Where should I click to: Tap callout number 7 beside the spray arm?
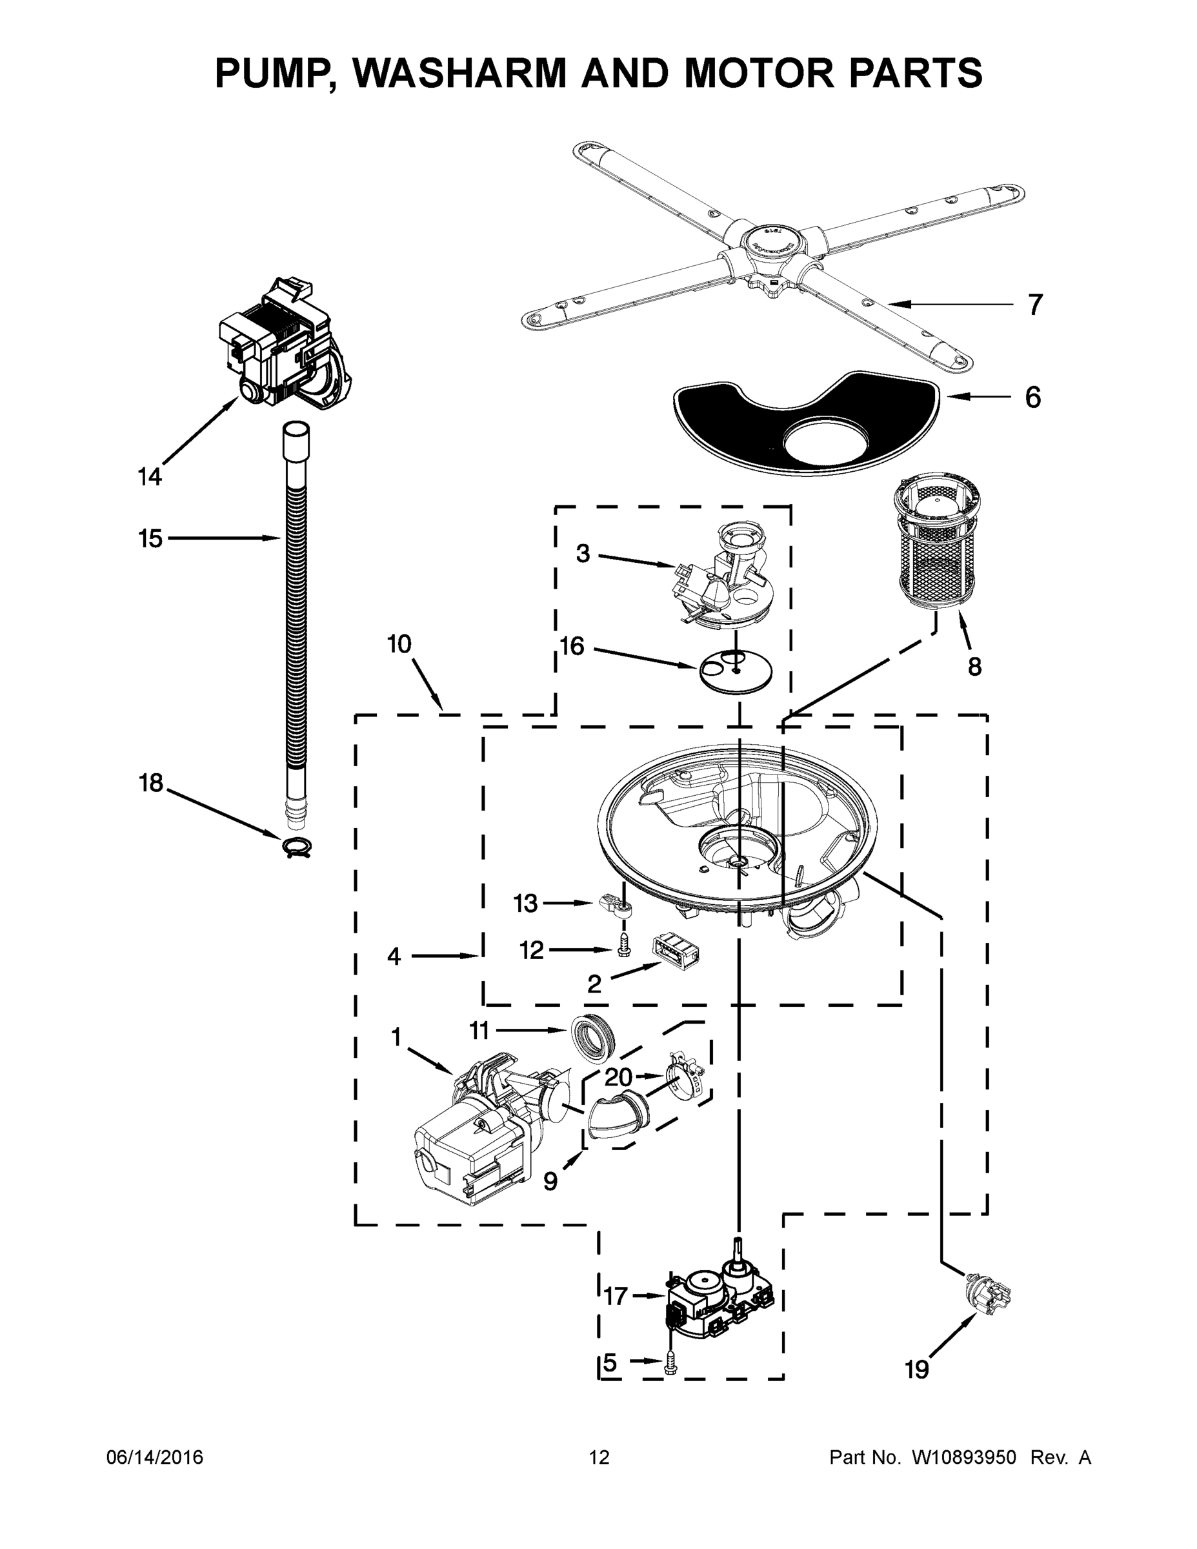pos(1035,305)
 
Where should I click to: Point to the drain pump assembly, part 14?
pos(284,347)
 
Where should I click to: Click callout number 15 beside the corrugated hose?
pos(150,539)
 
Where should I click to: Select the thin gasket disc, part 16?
pos(736,670)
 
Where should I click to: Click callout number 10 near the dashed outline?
pos(399,644)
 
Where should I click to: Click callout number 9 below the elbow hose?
pos(550,1181)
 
